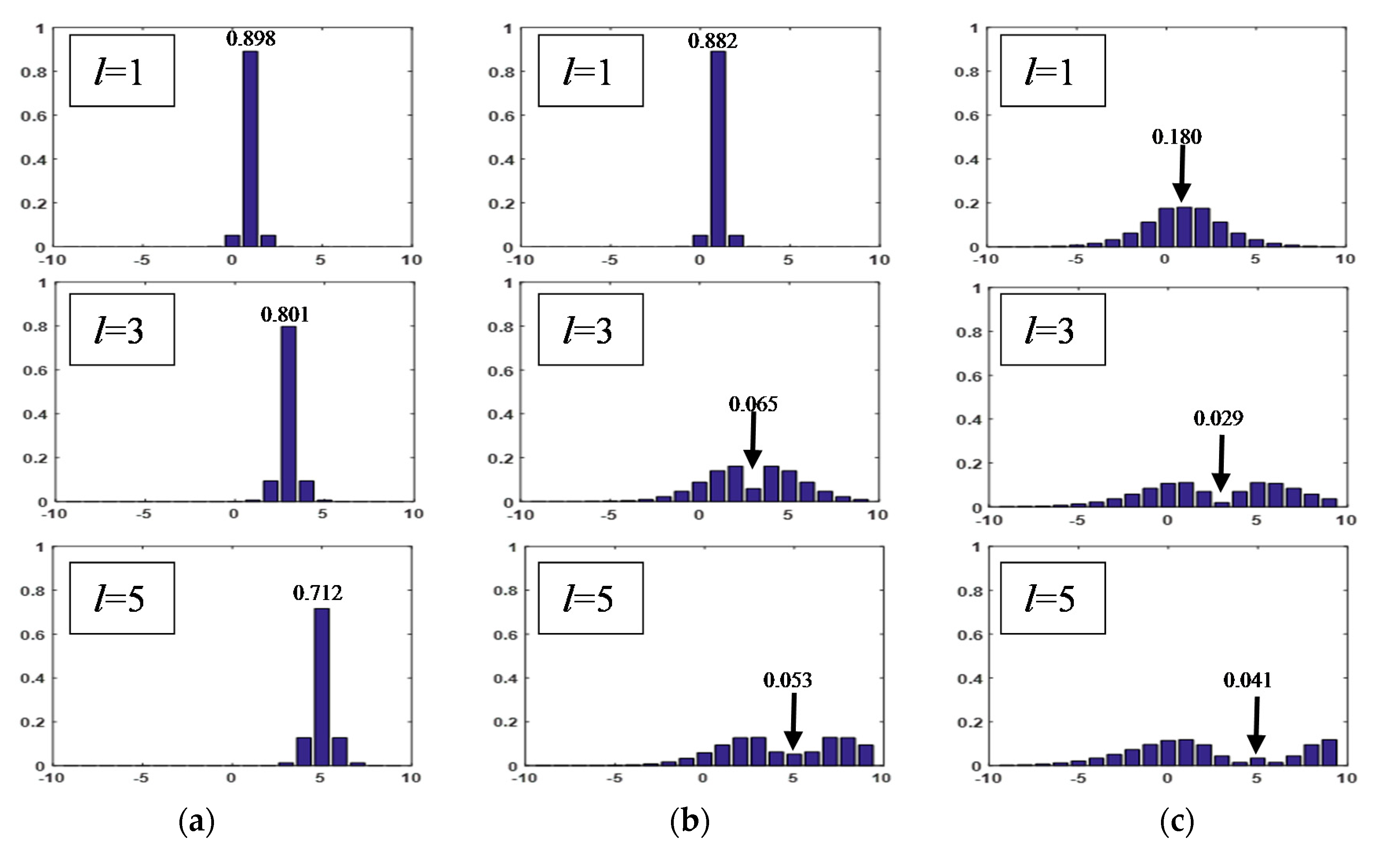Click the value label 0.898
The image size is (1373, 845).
coord(251,38)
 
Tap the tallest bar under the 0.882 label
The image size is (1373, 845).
coord(718,148)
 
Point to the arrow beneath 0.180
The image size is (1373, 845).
coord(1181,173)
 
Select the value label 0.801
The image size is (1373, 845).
coord(285,315)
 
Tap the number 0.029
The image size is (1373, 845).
coord(1218,418)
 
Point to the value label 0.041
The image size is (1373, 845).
coord(1247,680)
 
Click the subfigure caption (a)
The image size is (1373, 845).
coord(196,821)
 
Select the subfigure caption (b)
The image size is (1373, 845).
coord(689,821)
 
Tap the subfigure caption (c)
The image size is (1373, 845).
coord(1177,821)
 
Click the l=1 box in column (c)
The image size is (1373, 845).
coord(1052,70)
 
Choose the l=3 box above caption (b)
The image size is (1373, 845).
coord(591,329)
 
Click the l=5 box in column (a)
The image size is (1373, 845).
coord(122,598)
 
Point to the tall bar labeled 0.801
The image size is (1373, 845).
coord(288,413)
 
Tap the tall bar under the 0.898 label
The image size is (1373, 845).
coord(250,148)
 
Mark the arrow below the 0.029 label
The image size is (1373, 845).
coord(1221,463)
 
